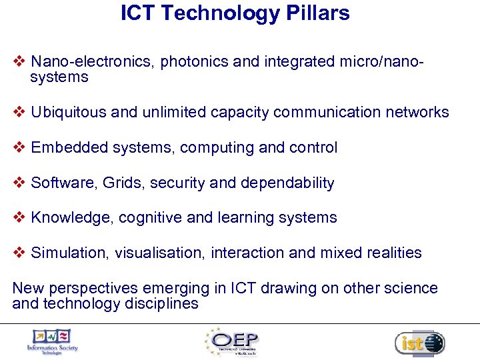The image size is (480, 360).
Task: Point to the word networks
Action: pyautogui.click(x=417, y=112)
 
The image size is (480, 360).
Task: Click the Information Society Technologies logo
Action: pyautogui.click(x=52, y=342)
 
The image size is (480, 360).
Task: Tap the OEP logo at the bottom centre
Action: pyautogui.click(x=233, y=342)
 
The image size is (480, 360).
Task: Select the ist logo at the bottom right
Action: pyautogui.click(x=419, y=343)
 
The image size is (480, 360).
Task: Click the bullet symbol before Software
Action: pyautogui.click(x=19, y=183)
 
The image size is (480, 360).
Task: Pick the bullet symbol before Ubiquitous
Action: pyautogui.click(x=19, y=112)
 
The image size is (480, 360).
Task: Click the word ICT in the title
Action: pyautogui.click(x=138, y=13)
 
